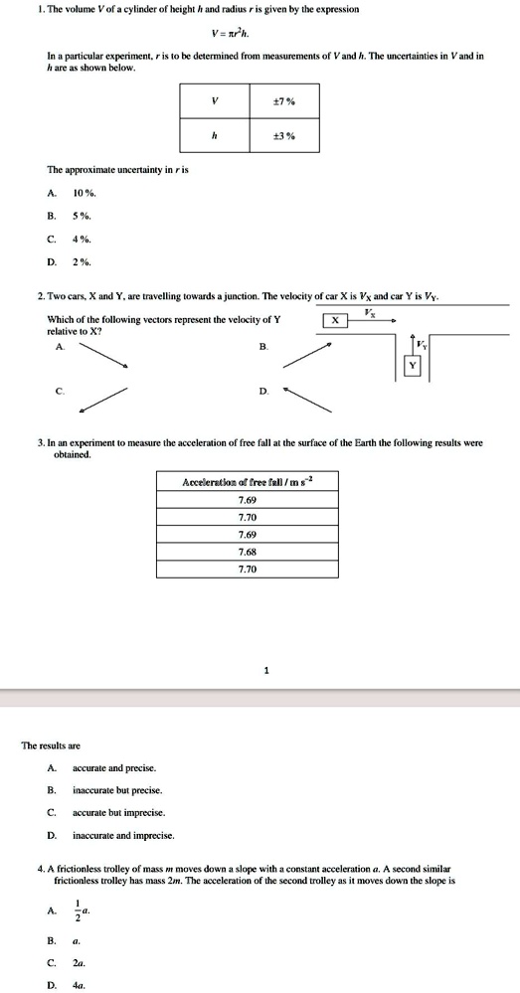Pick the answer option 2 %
point(82,262)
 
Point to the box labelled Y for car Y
point(412,366)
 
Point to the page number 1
point(266,670)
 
